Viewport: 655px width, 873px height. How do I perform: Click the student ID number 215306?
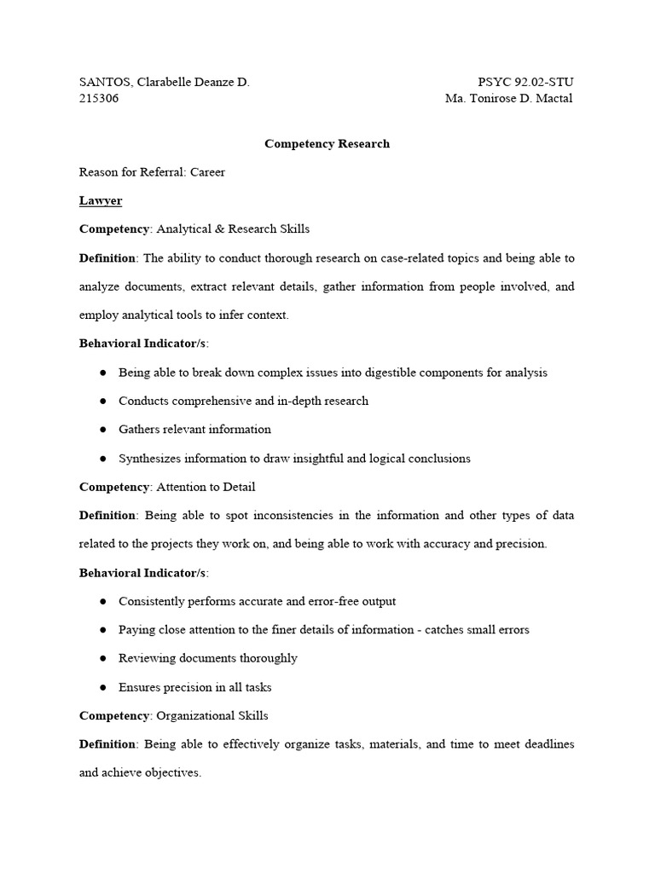point(99,98)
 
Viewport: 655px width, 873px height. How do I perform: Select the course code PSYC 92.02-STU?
point(525,82)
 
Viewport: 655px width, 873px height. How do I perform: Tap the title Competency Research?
point(327,143)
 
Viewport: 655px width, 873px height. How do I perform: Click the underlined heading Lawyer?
point(101,200)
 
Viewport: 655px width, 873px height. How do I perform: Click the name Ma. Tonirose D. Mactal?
point(509,98)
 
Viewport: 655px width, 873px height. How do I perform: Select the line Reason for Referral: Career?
point(152,171)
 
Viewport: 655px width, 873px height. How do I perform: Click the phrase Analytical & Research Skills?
point(233,228)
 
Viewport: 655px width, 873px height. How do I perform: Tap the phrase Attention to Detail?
point(206,487)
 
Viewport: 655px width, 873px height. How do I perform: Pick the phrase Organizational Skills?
point(212,715)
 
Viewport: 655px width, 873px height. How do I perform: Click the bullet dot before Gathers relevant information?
point(102,430)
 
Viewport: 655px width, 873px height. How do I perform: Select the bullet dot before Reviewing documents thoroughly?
point(102,658)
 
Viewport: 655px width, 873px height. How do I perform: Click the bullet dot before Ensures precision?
point(102,687)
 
